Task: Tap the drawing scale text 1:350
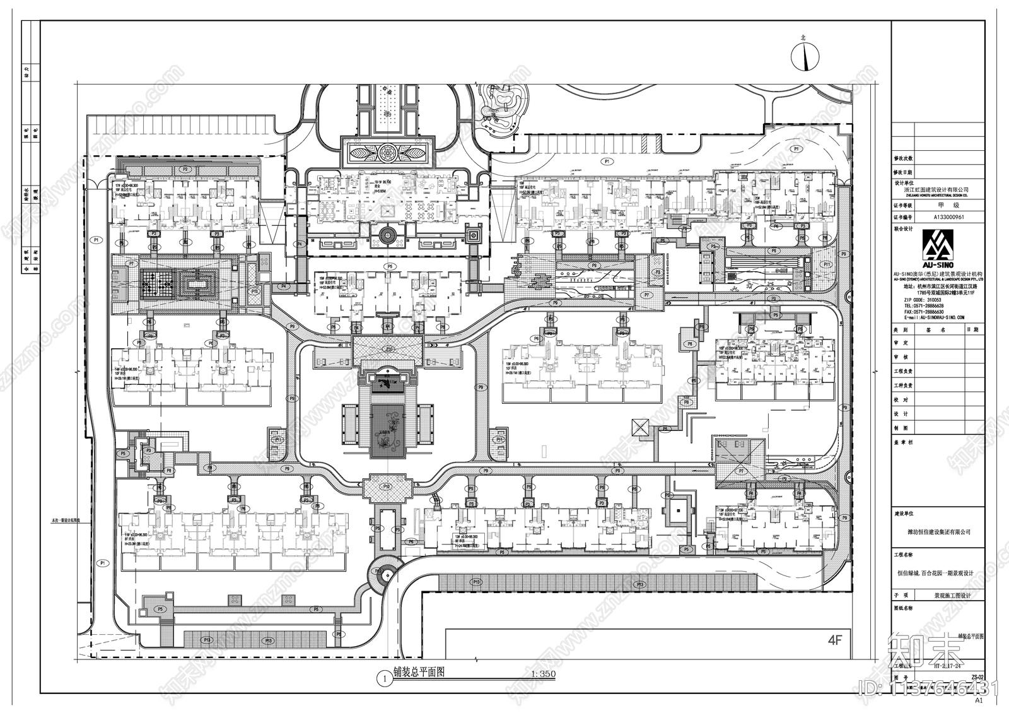[x=543, y=674]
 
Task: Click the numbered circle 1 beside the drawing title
[x=383, y=679]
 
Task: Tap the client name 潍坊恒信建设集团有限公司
[x=938, y=532]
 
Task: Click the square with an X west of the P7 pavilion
[x=639, y=427]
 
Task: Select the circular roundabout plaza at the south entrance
[x=384, y=574]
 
